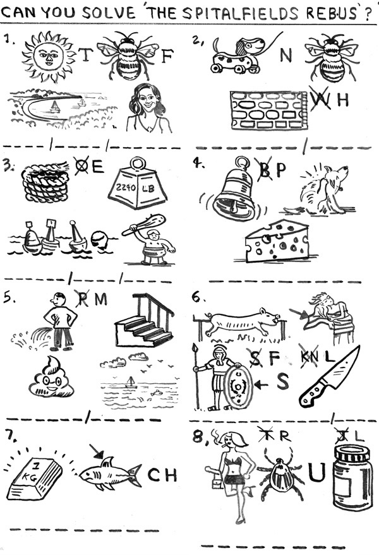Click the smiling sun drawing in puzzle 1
(49, 57)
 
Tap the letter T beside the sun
(85, 54)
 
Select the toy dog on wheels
(238, 55)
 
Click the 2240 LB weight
(138, 184)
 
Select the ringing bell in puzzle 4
(234, 191)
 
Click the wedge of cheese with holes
(277, 241)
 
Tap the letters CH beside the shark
(162, 475)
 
